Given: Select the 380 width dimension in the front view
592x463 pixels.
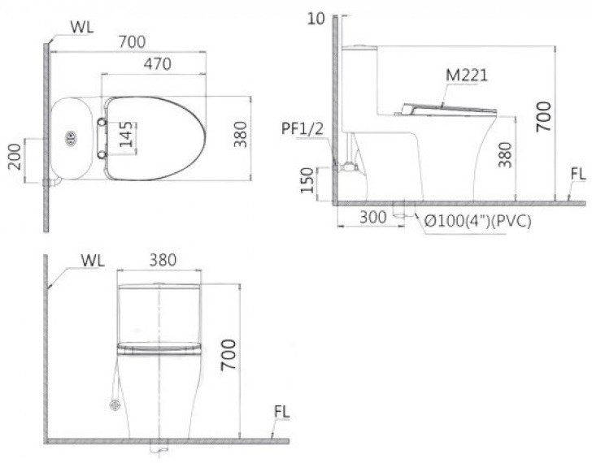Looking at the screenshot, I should [x=163, y=260].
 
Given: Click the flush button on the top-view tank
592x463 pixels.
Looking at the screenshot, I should [x=70, y=139].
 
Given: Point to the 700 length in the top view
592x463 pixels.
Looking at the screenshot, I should [x=128, y=39].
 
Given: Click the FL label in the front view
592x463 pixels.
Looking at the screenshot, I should [x=281, y=412].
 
